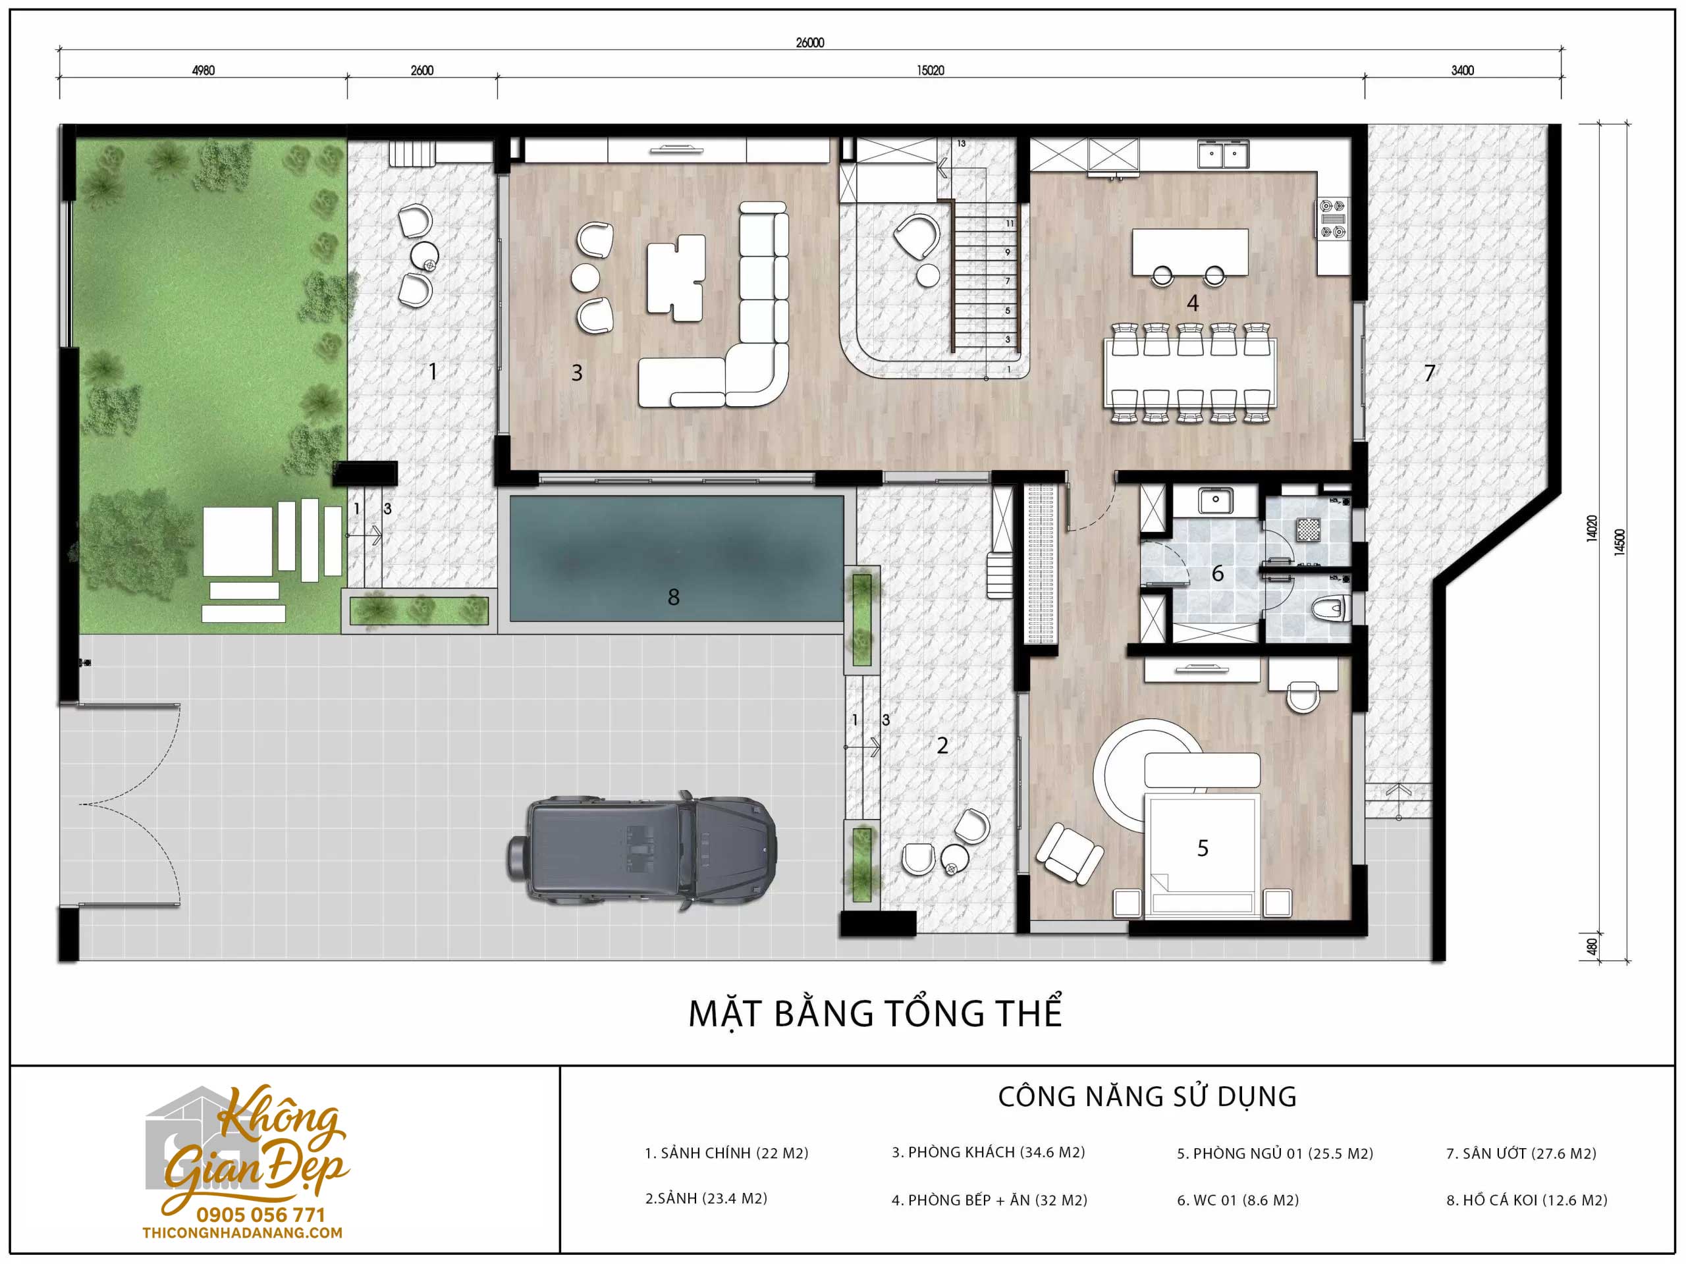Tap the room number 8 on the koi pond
[673, 597]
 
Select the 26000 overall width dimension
[809, 43]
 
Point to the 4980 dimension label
[203, 70]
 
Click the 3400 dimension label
[1462, 70]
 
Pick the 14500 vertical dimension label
[1619, 542]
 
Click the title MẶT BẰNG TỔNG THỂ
[875, 1014]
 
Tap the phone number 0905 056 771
[261, 1215]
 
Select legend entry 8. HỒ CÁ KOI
[1527, 1200]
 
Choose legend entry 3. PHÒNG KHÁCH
[989, 1152]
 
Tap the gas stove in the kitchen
[1332, 219]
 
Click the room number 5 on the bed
[1203, 848]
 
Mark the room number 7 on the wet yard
[1430, 373]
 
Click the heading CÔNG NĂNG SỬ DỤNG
[1147, 1096]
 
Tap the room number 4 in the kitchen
[1193, 303]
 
